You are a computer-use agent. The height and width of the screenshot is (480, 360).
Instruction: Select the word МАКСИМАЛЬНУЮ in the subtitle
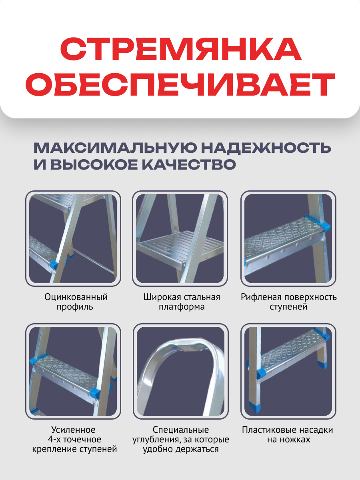114,148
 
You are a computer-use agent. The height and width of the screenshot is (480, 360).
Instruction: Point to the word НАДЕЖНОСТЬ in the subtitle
266,148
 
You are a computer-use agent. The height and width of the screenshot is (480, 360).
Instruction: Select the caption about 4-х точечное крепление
74,439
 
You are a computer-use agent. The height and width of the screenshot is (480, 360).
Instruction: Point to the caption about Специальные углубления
181,439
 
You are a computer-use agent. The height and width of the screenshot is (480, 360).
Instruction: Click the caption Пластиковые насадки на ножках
288,434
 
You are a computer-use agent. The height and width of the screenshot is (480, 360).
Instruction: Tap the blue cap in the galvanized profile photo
53,264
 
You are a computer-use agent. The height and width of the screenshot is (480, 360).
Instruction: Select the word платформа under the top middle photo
181,307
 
